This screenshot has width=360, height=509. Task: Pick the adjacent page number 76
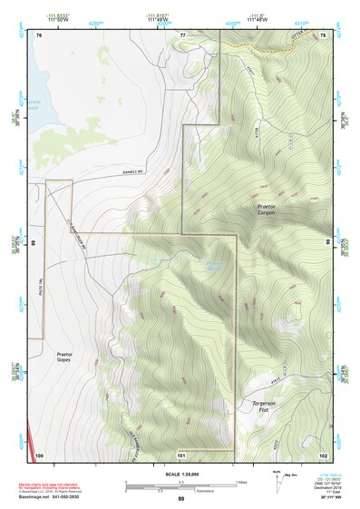coord(39,34)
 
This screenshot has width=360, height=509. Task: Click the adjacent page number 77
coord(181,34)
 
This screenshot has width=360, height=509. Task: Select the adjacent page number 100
coord(39,454)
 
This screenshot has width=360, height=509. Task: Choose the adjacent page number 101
coord(181,454)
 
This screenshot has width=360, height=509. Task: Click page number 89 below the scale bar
coord(180,499)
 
